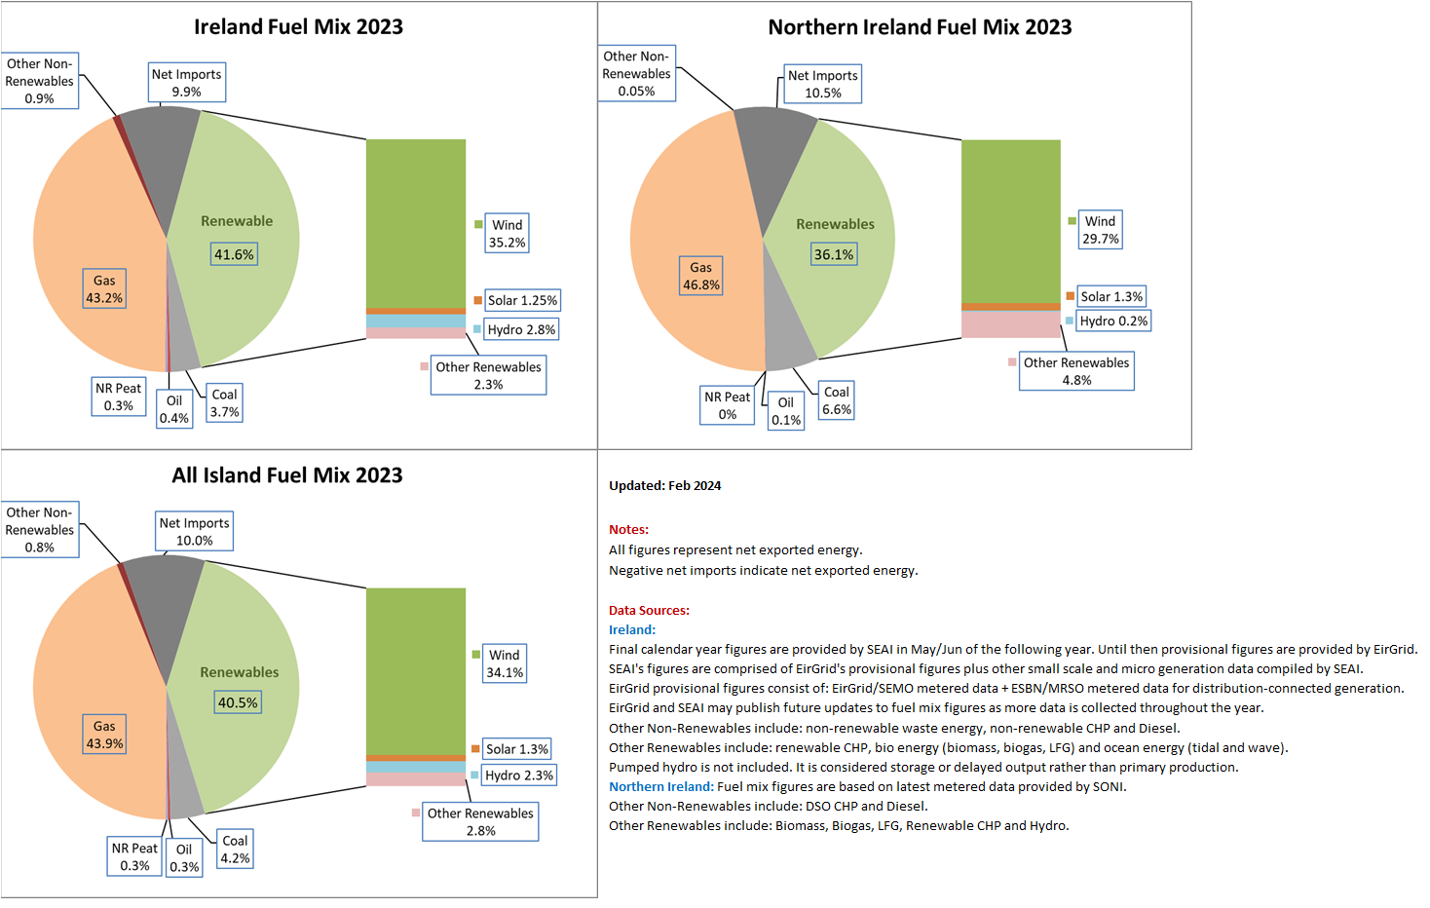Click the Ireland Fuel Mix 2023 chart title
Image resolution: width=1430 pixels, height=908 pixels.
(x=298, y=27)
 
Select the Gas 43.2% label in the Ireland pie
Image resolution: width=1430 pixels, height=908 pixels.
(x=104, y=289)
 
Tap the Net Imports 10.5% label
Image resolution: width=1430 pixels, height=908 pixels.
(x=822, y=85)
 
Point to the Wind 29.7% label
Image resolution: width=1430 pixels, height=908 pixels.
(x=1100, y=230)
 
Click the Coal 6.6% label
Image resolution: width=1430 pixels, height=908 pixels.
(x=837, y=400)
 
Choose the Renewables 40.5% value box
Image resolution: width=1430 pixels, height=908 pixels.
(x=238, y=702)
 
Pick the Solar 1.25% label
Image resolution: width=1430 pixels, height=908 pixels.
(x=521, y=301)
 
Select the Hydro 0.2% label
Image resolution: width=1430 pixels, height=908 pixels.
(x=1112, y=322)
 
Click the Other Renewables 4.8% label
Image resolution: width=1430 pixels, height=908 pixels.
(x=1076, y=371)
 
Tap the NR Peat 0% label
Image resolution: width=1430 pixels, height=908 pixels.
(x=728, y=405)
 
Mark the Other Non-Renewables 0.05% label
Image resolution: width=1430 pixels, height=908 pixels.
(x=636, y=74)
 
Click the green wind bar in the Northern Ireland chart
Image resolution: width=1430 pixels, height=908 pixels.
(x=1010, y=221)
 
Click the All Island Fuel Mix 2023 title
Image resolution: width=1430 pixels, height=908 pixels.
(x=287, y=475)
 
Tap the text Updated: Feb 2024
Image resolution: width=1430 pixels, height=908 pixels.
(x=664, y=486)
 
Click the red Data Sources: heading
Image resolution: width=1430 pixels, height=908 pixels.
(x=649, y=611)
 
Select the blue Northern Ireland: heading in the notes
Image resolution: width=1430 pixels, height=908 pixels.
(x=660, y=787)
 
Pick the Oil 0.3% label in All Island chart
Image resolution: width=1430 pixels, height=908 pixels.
(x=184, y=858)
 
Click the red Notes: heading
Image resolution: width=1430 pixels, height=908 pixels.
(x=628, y=530)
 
